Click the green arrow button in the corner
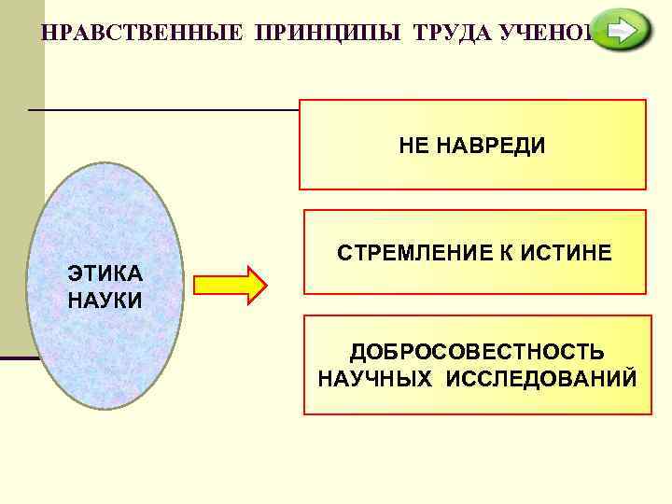point(623,32)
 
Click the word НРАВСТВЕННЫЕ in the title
point(140,31)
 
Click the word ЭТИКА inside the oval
point(105,273)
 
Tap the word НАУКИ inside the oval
point(105,301)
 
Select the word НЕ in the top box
point(412,147)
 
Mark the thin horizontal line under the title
point(163,110)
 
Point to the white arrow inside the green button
point(621,32)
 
